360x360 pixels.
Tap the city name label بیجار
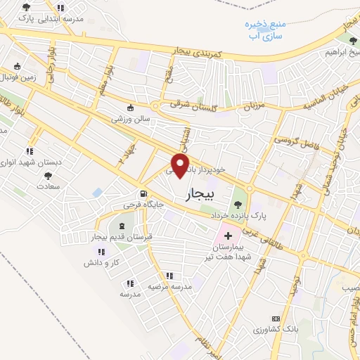click(x=198, y=195)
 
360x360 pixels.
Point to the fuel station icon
click(x=143, y=194)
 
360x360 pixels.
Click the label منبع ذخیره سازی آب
click(x=258, y=28)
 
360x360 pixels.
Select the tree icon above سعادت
click(x=48, y=176)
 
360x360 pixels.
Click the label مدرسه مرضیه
click(x=167, y=287)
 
